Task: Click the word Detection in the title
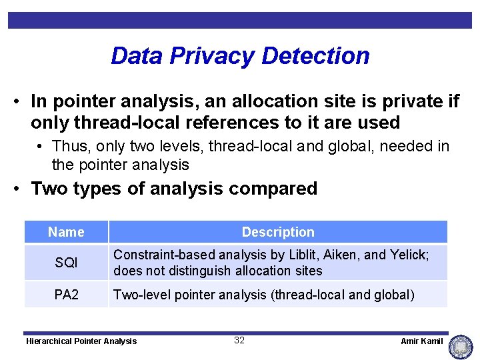click(317, 56)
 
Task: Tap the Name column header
click(66, 232)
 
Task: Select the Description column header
click(278, 232)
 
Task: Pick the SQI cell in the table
click(66, 263)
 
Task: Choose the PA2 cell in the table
click(66, 294)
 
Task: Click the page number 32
click(239, 341)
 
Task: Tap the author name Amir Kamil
click(421, 341)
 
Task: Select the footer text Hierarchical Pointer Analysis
click(81, 341)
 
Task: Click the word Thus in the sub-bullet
click(67, 146)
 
